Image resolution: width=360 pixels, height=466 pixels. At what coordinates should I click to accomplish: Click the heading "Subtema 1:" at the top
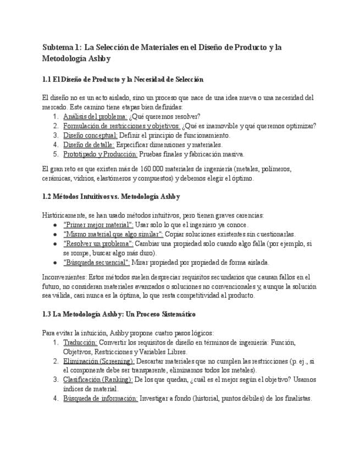coord(62,47)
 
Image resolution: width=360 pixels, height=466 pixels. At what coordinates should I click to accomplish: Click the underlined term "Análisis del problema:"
coord(95,116)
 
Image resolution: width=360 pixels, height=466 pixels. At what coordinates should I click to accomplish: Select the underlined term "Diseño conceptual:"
coord(90,135)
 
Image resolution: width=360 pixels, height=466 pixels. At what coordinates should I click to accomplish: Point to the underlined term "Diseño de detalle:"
coord(88,145)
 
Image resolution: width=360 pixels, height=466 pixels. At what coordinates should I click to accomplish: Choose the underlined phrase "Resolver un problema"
coord(98,243)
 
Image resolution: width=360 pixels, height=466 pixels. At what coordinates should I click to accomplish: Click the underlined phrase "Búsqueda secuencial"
coord(97,262)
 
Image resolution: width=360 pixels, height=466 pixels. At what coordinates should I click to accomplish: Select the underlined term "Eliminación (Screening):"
coord(98,360)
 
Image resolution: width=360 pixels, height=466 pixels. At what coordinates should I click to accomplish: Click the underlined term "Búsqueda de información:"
coord(100,398)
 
